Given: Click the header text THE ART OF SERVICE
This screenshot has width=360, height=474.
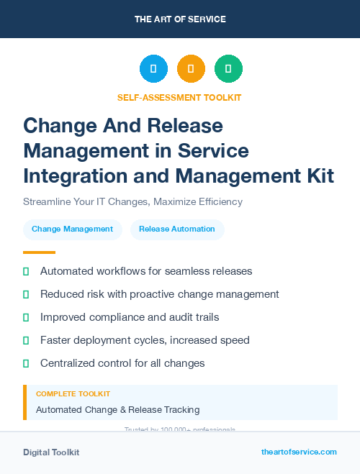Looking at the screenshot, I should pos(180,19).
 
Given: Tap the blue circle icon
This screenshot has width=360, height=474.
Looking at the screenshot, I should pos(153,69).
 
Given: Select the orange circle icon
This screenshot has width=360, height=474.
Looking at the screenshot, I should pos(191,69).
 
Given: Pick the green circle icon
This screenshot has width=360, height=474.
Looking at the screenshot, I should pos(228,69).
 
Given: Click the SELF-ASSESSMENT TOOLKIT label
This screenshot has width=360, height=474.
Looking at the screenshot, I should pos(180,97).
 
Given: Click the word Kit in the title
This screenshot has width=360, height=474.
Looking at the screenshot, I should pos(317,175).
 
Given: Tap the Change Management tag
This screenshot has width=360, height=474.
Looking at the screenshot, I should pos(72,229).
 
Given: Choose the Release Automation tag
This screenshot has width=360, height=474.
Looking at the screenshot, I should pos(177,229).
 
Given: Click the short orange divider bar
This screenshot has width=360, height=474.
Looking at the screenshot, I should pos(39,252).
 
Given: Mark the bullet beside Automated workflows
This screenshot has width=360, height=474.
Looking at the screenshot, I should pos(26,272).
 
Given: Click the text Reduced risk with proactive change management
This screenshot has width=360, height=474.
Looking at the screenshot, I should pos(159,294).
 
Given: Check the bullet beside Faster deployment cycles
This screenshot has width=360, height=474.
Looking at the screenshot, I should pos(26,340).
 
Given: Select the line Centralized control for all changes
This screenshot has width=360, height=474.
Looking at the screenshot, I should pos(122,363).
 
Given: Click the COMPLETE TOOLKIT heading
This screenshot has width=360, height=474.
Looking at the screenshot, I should pos(73,394).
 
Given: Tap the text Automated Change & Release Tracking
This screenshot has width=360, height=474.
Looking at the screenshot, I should pos(117,410).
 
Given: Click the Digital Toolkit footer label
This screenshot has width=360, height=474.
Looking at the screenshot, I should pos(51,452).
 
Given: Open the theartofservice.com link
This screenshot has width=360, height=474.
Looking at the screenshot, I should pos(299,452).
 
